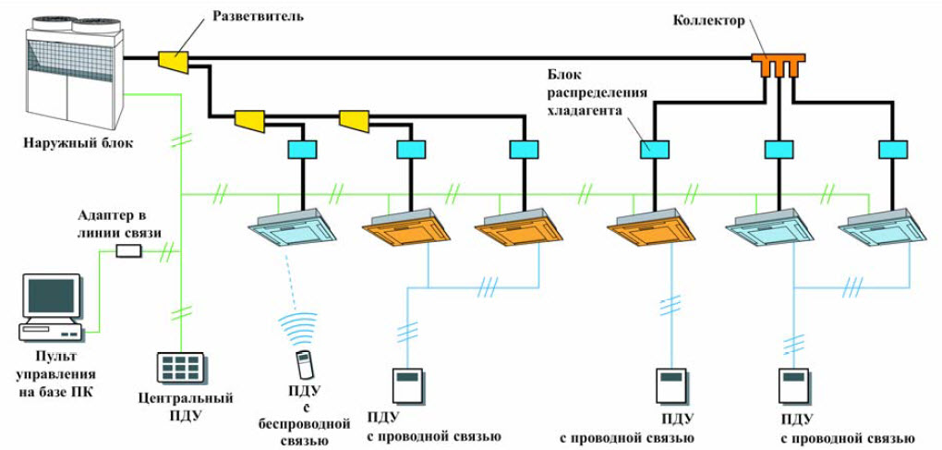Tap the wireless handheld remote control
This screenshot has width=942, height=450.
tap(302, 363)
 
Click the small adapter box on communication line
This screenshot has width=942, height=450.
tap(127, 249)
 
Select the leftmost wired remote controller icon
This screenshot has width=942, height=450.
tap(406, 383)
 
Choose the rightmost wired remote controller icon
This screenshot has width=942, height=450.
tap(794, 383)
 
